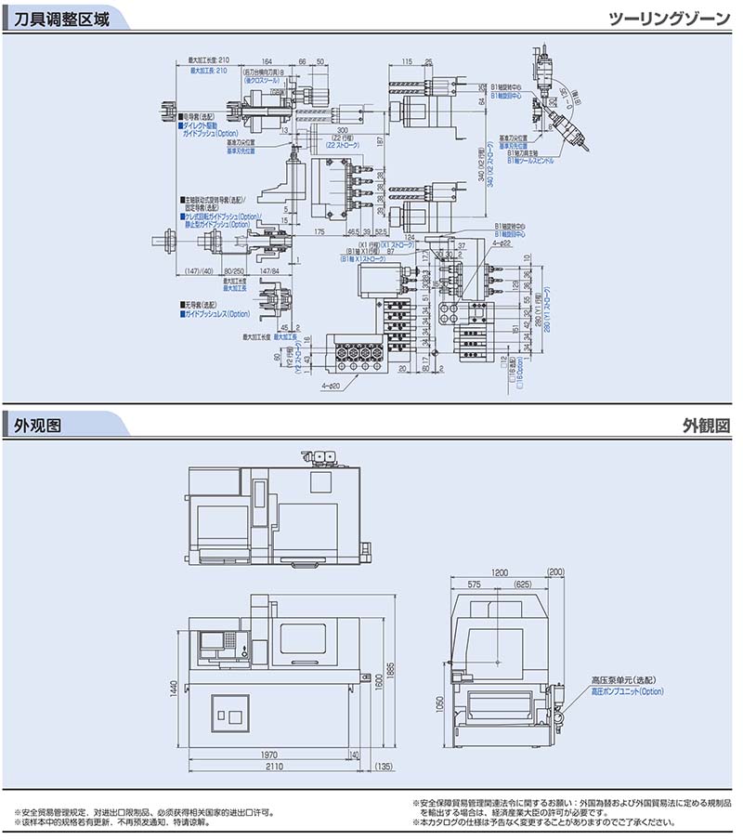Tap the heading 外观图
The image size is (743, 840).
pyautogui.click(x=38, y=427)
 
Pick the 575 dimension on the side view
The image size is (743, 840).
pyautogui.click(x=475, y=584)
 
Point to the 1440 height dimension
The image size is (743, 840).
pyautogui.click(x=172, y=687)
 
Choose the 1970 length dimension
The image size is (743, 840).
pyautogui.click(x=270, y=755)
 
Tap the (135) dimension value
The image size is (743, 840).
pyautogui.click(x=382, y=768)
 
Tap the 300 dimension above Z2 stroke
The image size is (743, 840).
pyautogui.click(x=343, y=130)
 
